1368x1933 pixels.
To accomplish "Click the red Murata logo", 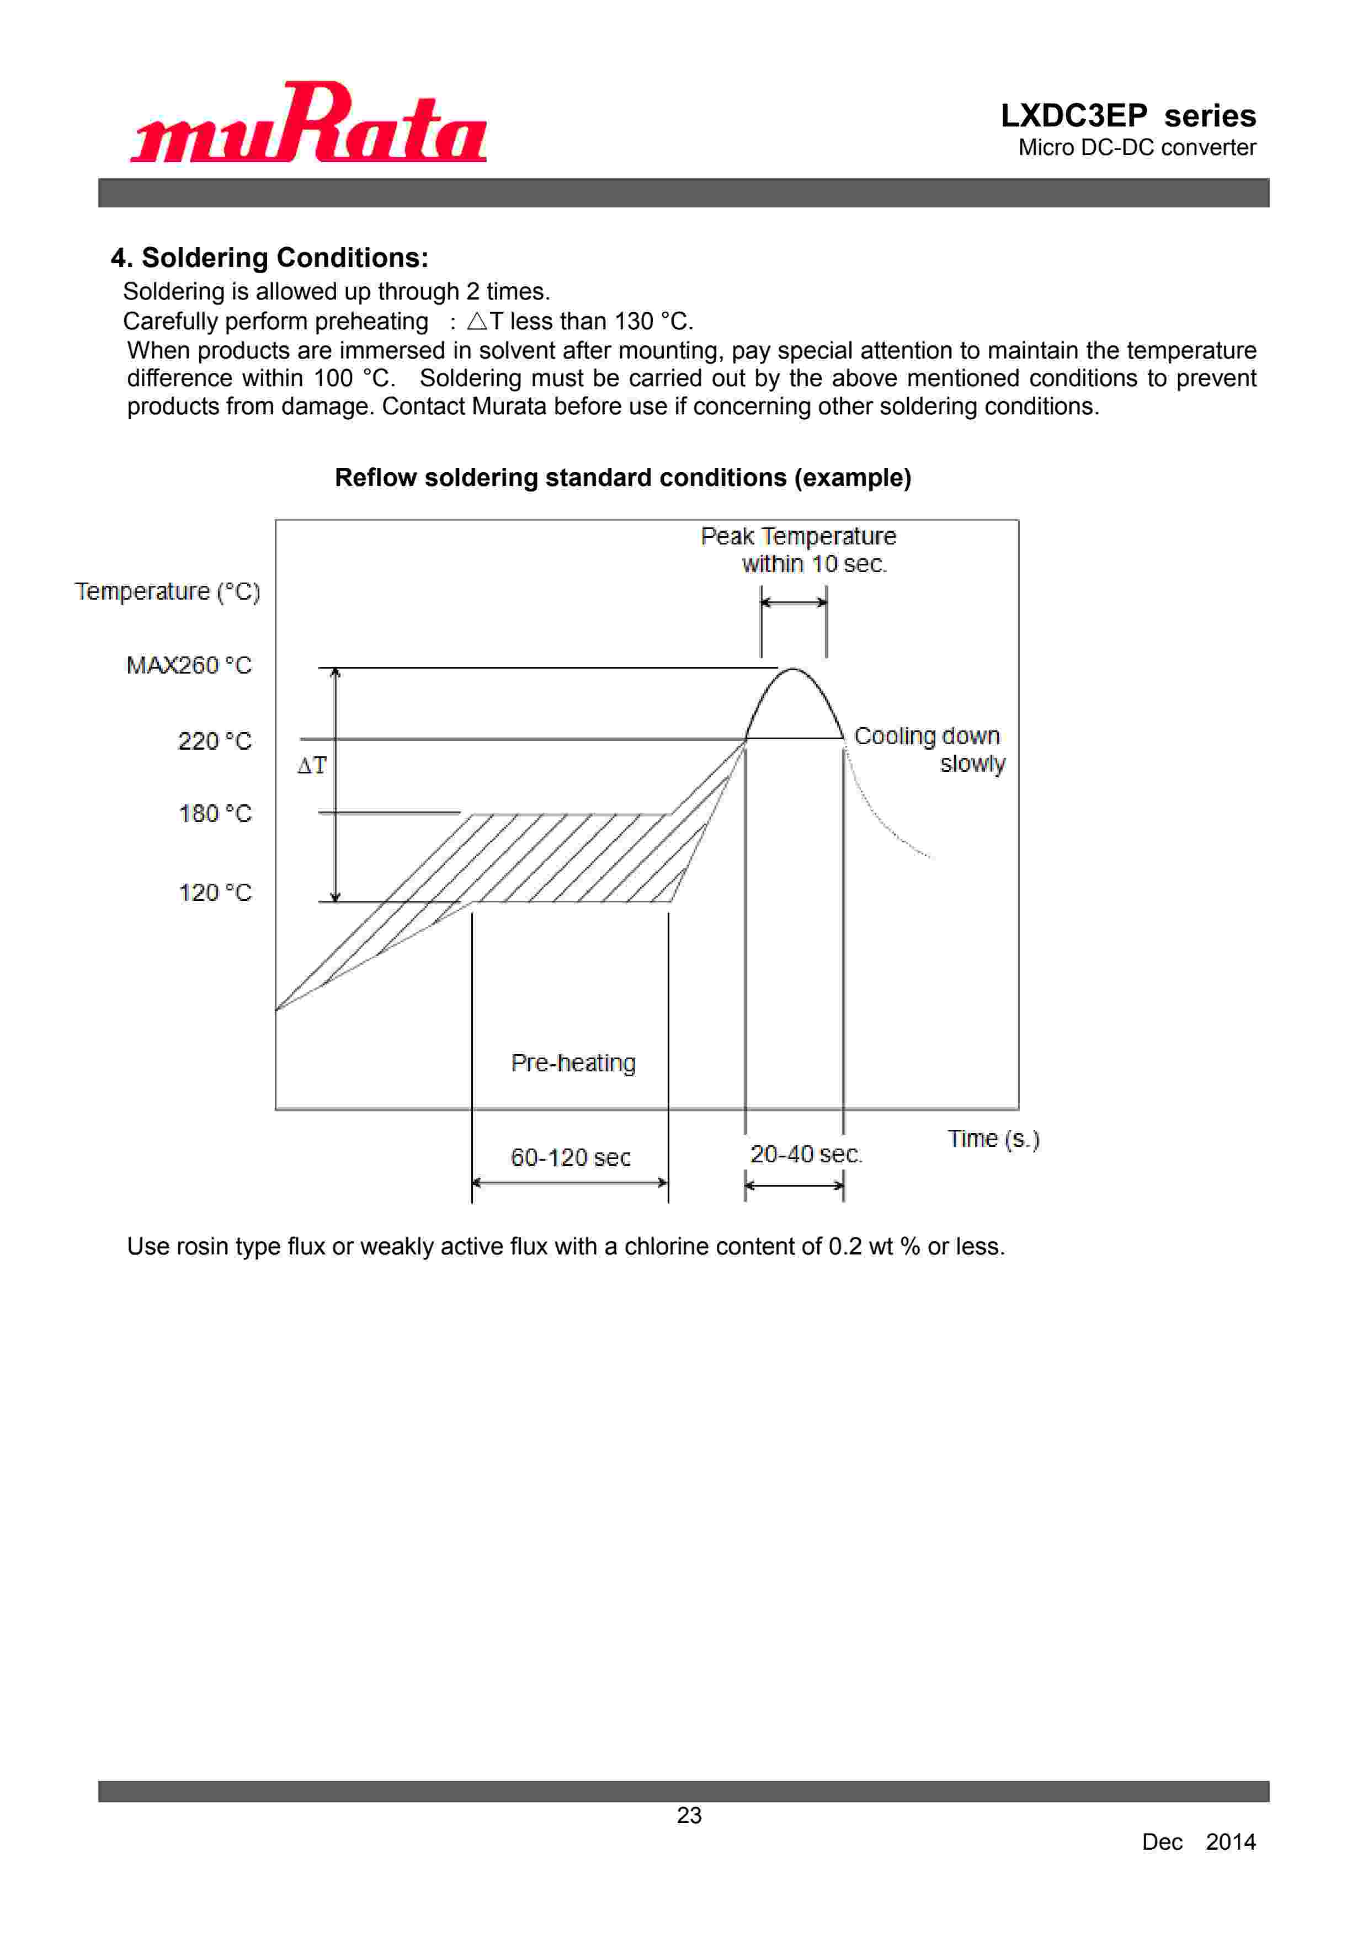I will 308,123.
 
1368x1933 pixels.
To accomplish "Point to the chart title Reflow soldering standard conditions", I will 622,477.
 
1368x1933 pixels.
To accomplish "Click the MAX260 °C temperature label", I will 189,665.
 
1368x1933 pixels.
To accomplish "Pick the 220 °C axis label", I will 215,741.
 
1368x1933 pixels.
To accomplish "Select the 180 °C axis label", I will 215,813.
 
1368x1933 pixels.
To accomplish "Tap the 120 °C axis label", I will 215,893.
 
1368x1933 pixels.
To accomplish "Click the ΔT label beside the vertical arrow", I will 312,765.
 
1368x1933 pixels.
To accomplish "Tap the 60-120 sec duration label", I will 570,1157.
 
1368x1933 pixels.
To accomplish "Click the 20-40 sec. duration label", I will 805,1154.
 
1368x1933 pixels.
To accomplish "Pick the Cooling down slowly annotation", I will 929,749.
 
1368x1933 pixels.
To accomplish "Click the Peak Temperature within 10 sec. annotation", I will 799,550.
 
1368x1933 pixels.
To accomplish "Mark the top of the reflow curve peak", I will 792,669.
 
